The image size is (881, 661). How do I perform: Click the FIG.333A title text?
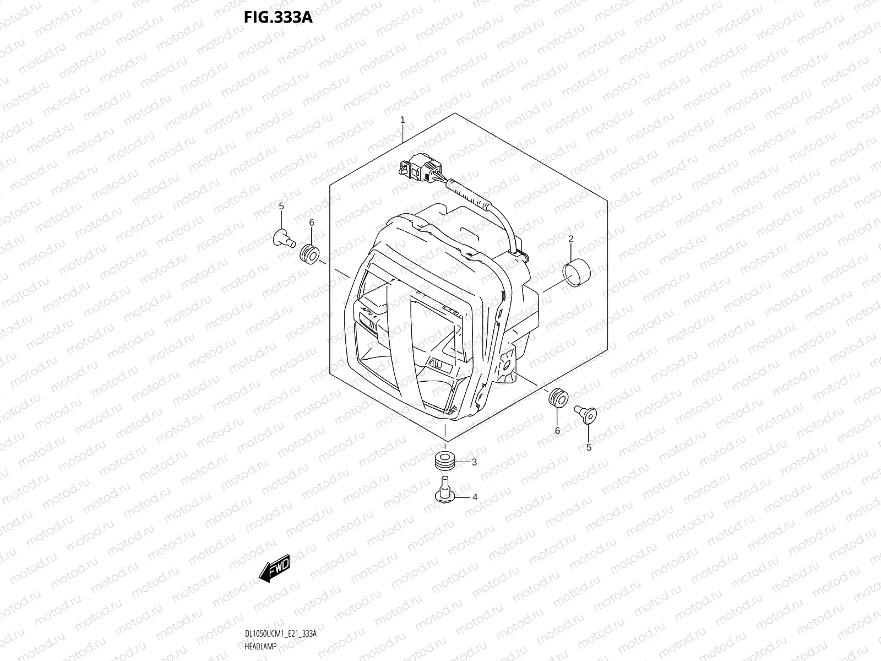click(278, 18)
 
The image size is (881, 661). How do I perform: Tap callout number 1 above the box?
click(403, 120)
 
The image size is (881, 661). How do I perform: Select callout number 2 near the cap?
click(571, 239)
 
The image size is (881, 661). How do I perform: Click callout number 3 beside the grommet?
click(474, 462)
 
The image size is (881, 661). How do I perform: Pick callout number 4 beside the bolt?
click(474, 497)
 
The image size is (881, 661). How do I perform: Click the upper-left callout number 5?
click(281, 206)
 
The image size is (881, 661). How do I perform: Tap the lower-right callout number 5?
click(588, 447)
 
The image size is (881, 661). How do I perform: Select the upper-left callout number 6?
click(311, 222)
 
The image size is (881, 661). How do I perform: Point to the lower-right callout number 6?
click(557, 431)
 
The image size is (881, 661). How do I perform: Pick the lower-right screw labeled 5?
click(585, 413)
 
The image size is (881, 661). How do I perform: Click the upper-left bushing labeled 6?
click(309, 254)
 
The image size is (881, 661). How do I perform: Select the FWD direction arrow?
click(274, 568)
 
